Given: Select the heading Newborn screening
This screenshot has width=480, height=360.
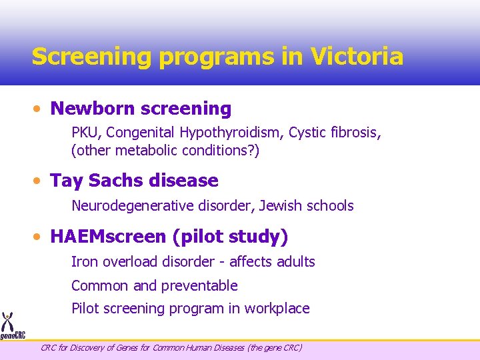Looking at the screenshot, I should (x=141, y=109).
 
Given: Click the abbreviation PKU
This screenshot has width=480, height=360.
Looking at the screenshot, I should (x=84, y=133).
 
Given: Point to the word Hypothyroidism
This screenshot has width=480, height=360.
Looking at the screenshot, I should (x=230, y=133).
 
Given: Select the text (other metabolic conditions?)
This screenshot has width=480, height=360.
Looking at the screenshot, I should (x=165, y=151).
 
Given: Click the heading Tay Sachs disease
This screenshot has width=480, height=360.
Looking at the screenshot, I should (x=134, y=181).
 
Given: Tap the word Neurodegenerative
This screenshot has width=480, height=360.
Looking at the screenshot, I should (x=133, y=206).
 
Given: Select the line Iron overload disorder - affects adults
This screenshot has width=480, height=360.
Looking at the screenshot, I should (x=193, y=262).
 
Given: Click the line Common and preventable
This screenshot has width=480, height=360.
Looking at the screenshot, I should (x=154, y=286).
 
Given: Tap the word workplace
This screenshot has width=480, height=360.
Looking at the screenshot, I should (x=277, y=309).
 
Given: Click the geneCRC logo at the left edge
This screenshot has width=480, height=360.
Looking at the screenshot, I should (x=11, y=327).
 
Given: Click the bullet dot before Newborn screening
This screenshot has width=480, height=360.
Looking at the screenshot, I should (x=41, y=109).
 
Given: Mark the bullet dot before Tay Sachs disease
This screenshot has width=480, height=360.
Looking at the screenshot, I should (x=41, y=181).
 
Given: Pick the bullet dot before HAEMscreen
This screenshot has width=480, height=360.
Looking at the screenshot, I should (x=41, y=237).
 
